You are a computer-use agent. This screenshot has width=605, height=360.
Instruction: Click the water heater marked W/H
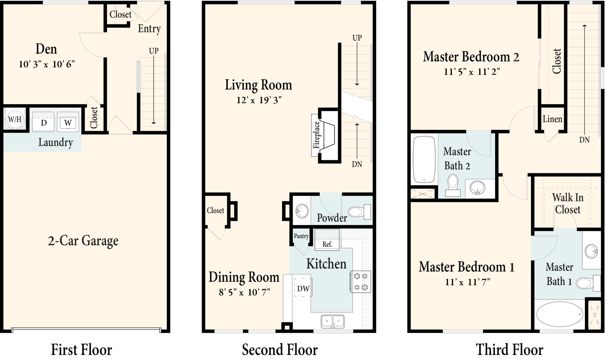[x=15, y=119]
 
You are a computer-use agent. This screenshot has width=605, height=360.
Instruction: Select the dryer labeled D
[x=43, y=122]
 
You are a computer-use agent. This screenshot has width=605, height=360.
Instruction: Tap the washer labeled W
[x=68, y=122]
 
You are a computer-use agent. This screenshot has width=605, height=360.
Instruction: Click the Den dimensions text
[x=47, y=64]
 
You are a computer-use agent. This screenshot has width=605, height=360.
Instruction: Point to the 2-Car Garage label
[x=83, y=241]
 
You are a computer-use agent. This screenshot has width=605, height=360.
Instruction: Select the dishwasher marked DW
[x=303, y=288]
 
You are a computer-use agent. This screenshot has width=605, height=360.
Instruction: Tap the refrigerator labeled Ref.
[x=327, y=240]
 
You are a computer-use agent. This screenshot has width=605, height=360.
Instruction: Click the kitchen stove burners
[x=361, y=282]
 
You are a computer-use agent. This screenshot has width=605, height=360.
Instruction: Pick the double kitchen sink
[x=332, y=321]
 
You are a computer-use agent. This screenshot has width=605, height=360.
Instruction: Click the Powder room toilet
[x=360, y=211]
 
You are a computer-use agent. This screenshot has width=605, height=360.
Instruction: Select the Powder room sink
[x=302, y=211]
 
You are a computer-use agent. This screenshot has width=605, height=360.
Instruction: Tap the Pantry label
[x=301, y=236]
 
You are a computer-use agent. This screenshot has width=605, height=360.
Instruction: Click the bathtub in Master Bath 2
[x=424, y=159]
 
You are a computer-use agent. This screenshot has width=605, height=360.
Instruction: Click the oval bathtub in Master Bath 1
[x=560, y=314]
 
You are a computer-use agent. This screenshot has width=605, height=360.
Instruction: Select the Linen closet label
[x=552, y=119]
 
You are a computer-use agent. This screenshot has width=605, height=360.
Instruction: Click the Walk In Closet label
[x=567, y=204]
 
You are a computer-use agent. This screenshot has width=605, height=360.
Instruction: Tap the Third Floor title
[x=509, y=350]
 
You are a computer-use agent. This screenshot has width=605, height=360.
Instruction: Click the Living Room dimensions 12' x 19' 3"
[x=259, y=100]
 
